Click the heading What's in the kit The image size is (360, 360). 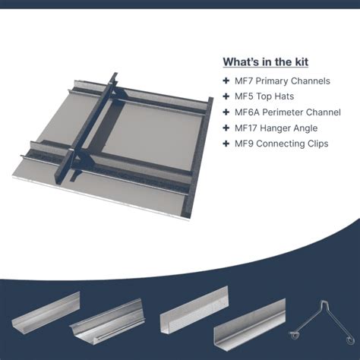pos(266,62)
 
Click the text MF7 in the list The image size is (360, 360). pos(244,81)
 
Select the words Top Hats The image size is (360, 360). pos(275,96)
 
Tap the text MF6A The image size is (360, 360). pos(247,112)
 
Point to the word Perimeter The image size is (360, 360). pos(282,112)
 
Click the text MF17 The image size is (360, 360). pos(246,128)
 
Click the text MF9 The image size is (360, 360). pos(244,144)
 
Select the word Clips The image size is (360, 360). pos(318,144)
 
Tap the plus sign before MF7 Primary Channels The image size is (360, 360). pos(226,81)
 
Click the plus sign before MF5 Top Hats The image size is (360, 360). pos(226,96)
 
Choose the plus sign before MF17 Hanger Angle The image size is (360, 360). pos(226,128)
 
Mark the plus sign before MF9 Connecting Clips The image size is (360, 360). pos(226,144)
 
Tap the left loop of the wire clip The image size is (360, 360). pos(295,335)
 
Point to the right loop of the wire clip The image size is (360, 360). pos(350,339)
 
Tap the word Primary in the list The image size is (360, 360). pos(272,81)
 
